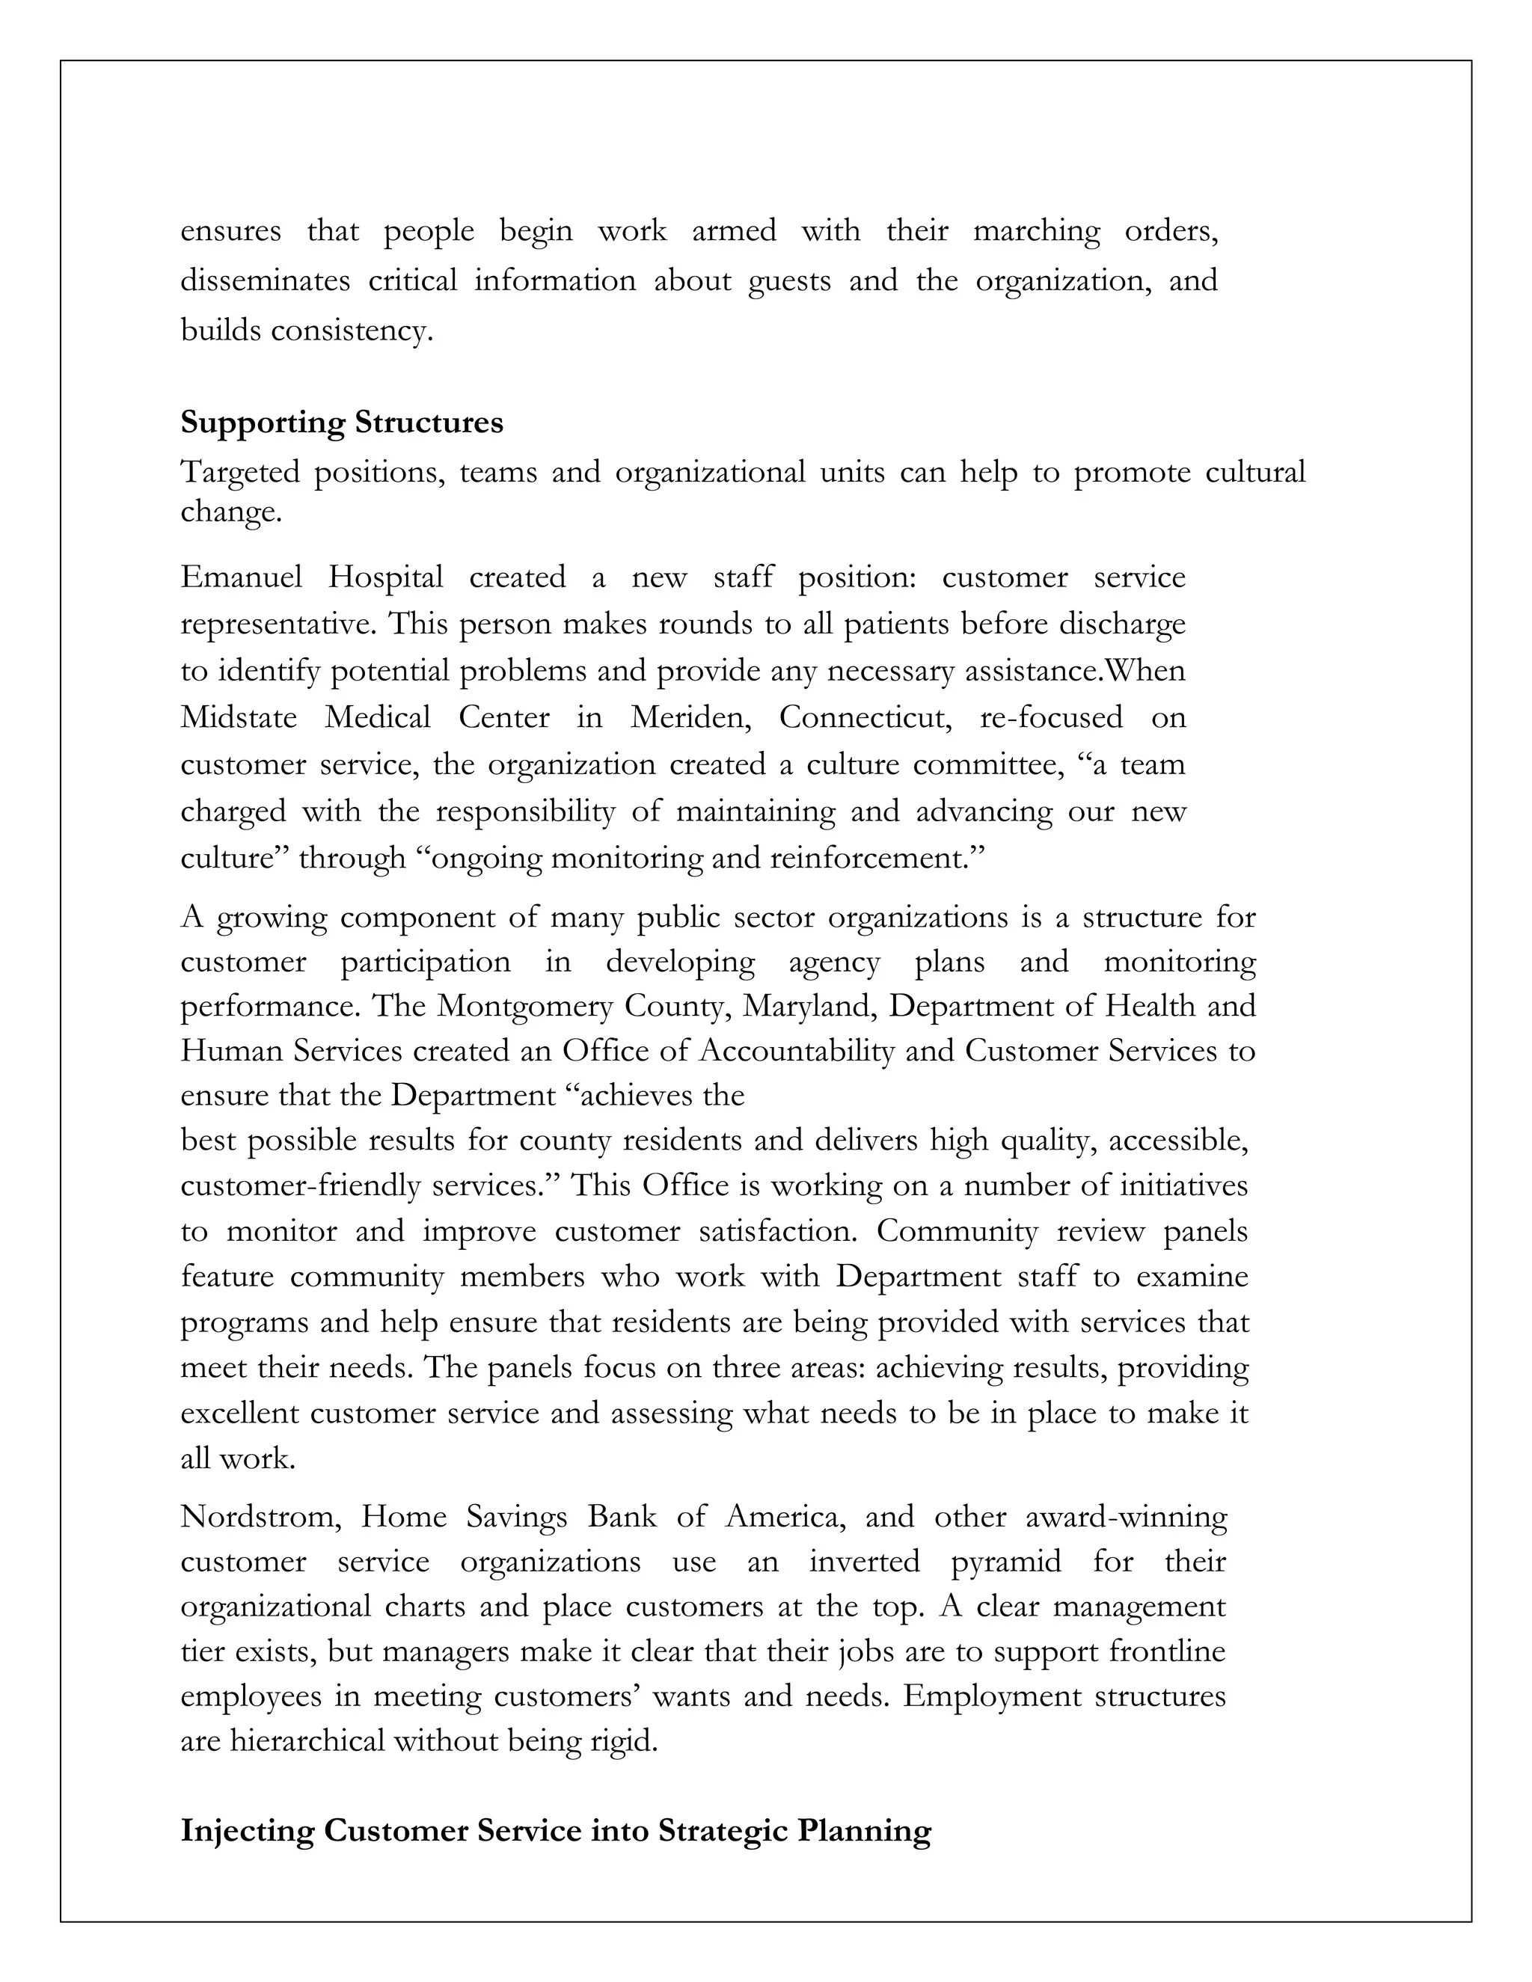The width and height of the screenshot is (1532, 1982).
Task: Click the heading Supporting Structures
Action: click(341, 423)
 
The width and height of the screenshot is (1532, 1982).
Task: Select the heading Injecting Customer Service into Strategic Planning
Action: click(556, 1830)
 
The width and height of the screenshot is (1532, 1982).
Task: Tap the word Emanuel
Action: click(241, 577)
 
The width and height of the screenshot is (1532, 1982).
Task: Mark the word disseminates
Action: click(265, 280)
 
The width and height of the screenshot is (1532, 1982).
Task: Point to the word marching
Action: click(1035, 231)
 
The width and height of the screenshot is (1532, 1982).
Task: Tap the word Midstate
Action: click(239, 718)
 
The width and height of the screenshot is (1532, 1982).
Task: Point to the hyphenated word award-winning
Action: click(1125, 1517)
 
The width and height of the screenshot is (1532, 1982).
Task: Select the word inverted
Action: click(864, 1562)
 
